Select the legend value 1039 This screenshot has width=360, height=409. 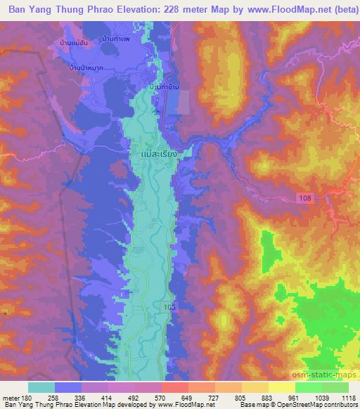(321, 397)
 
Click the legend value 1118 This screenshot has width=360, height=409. (348, 397)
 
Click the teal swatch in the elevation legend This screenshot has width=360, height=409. (41, 387)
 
